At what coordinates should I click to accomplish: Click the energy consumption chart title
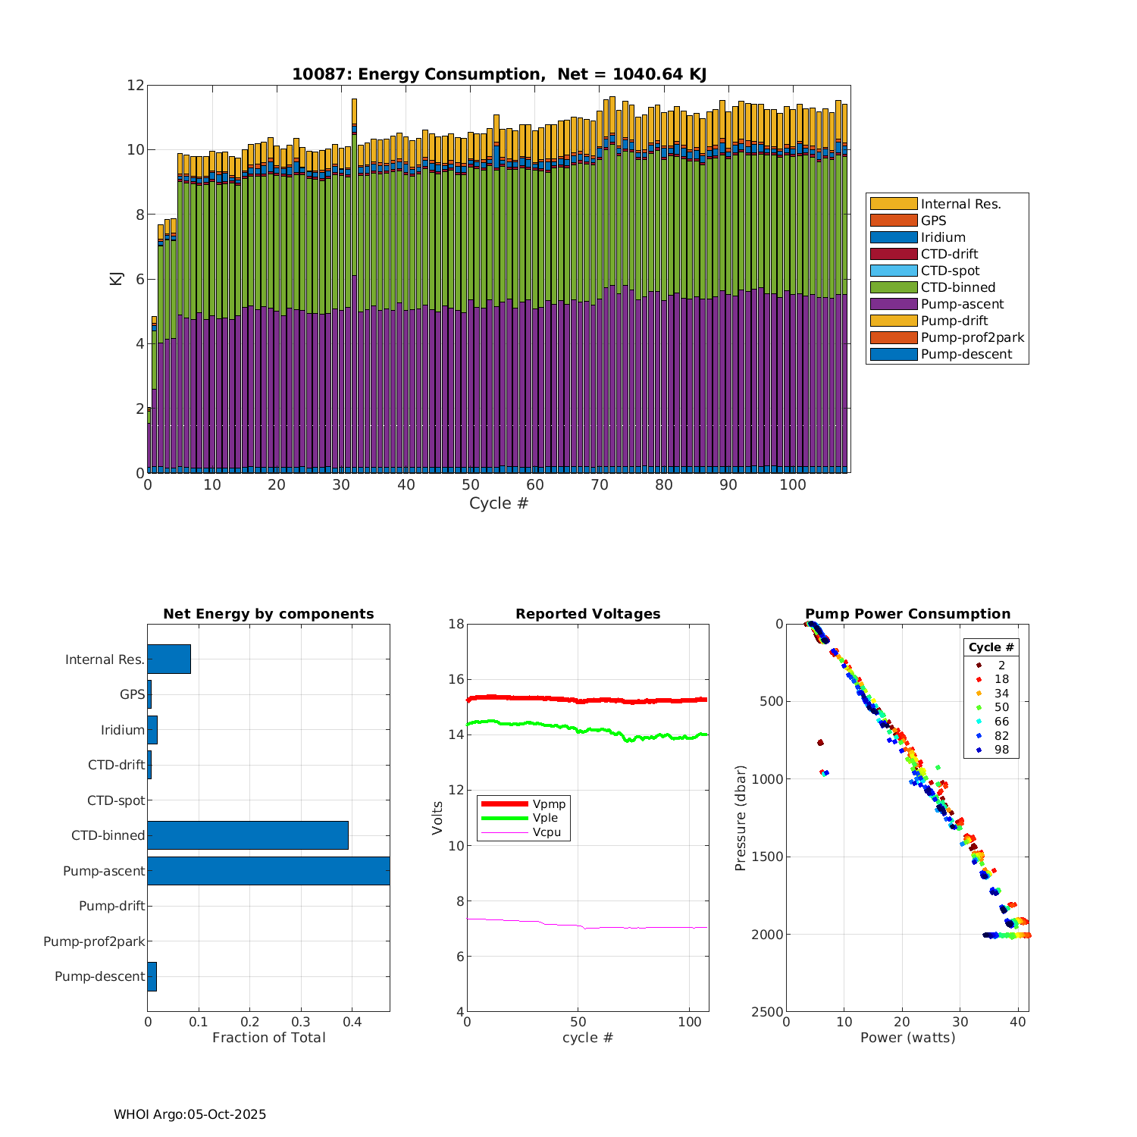tap(499, 74)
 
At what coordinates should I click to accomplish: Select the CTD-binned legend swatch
tap(893, 287)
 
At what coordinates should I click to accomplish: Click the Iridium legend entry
tap(943, 237)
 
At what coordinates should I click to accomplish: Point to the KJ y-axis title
tap(116, 278)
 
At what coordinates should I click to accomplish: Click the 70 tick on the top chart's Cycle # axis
tap(600, 486)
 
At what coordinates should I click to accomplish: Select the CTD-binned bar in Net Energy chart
tap(248, 835)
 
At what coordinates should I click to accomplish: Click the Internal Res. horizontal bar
tap(169, 659)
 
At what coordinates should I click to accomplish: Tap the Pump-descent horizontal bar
tap(152, 976)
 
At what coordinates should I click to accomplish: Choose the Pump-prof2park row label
tap(94, 941)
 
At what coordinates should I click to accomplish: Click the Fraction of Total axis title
tap(268, 1038)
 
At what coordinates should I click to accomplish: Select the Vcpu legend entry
tap(547, 832)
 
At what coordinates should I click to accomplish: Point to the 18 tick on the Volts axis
tap(456, 624)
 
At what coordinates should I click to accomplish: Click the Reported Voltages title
tap(587, 614)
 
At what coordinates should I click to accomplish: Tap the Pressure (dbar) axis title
tap(741, 818)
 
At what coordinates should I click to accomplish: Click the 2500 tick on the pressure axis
tap(767, 1012)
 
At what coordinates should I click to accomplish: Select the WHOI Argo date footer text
tap(189, 1114)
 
